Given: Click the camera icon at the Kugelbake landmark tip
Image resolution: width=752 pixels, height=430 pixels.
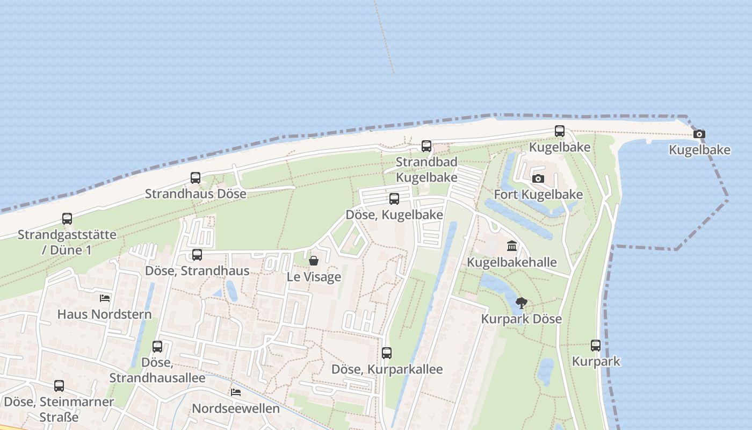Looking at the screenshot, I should tap(699, 134).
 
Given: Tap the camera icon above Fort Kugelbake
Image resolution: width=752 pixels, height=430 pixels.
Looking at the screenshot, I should tap(538, 178).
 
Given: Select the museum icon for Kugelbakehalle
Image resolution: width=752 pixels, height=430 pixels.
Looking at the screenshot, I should tap(512, 246).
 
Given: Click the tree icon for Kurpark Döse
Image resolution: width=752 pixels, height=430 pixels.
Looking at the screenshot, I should tap(521, 303).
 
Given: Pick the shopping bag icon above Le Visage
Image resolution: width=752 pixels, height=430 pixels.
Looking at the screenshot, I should tap(314, 261).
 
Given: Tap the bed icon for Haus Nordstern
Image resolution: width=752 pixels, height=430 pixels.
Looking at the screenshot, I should tap(105, 298).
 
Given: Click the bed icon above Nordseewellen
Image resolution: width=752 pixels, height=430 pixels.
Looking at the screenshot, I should tap(235, 392).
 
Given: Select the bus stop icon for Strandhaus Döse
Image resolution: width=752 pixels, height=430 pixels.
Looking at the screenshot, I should tap(196, 177).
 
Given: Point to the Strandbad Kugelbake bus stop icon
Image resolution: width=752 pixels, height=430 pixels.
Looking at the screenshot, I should tap(426, 146).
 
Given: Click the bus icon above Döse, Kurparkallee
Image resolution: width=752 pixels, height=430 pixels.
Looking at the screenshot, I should tap(387, 353).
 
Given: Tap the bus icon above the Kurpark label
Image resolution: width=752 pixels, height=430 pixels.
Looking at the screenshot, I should tap(596, 346).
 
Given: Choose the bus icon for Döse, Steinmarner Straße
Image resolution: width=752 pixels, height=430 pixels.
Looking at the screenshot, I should tap(59, 385).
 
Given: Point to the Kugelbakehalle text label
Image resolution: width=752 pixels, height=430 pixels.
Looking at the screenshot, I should tap(512, 262).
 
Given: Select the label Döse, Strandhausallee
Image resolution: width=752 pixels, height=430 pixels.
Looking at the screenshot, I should tap(157, 370).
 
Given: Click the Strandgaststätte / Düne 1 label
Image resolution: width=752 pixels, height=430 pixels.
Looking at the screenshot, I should tap(67, 242).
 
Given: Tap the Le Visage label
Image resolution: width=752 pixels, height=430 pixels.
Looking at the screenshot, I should tap(314, 277).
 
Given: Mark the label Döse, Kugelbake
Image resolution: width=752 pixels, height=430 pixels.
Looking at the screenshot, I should tap(394, 215).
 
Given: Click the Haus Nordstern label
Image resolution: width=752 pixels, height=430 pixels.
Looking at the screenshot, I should tap(105, 314).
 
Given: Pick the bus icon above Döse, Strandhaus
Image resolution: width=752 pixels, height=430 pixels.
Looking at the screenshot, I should tap(197, 254).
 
